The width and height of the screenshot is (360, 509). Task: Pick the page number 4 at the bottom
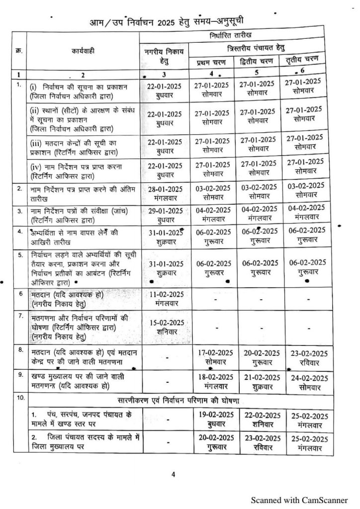click(173, 474)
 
